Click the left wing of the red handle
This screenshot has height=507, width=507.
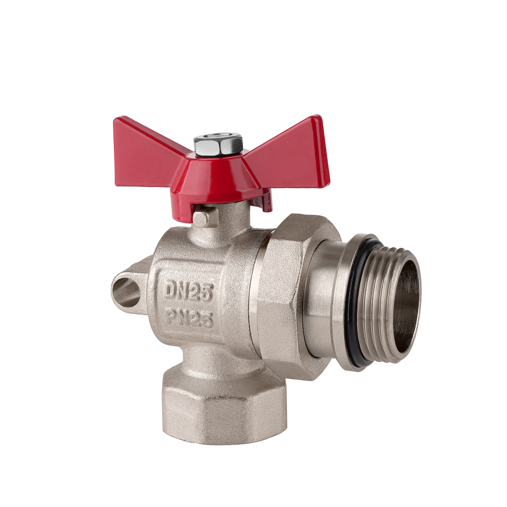point(147,155)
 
